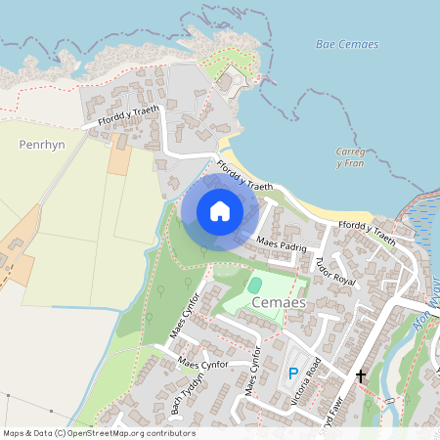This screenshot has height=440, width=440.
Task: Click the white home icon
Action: [x=220, y=211]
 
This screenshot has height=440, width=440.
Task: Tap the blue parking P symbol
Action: [x=292, y=373]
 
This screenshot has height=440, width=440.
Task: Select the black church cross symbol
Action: [x=361, y=375]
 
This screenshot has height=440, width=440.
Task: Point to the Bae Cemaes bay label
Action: [x=347, y=45]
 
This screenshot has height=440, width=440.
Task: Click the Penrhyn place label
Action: [x=41, y=144]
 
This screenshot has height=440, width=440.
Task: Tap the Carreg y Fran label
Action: [x=350, y=157]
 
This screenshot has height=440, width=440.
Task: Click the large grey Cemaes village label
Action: [x=280, y=304]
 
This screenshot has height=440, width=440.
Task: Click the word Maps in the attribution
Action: [x=15, y=433]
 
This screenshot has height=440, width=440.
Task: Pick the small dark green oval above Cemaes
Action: [x=255, y=285]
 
